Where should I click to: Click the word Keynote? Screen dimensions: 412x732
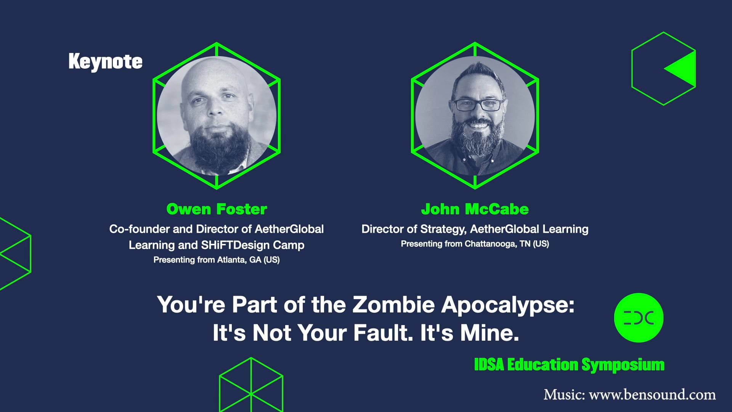tap(105, 62)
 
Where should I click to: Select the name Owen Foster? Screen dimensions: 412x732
tap(217, 209)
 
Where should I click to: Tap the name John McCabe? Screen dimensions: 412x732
tap(475, 209)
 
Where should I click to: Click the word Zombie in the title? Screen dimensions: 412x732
tap(393, 305)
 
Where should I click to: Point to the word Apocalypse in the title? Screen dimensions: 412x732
tap(507, 306)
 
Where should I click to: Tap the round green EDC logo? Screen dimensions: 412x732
tap(639, 317)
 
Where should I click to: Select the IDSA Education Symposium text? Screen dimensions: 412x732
tap(569, 365)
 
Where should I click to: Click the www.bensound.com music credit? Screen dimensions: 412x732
tap(652, 394)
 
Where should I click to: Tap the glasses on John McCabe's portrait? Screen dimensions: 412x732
tap(478, 105)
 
